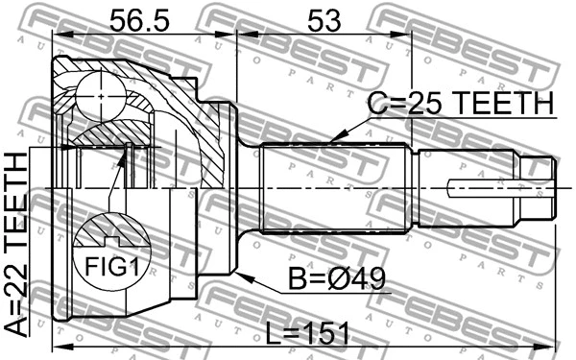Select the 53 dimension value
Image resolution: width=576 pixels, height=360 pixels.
coord(323,18)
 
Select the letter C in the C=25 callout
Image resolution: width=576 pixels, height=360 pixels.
coord(378,105)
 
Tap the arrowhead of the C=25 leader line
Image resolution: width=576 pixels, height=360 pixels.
coord(330,141)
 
